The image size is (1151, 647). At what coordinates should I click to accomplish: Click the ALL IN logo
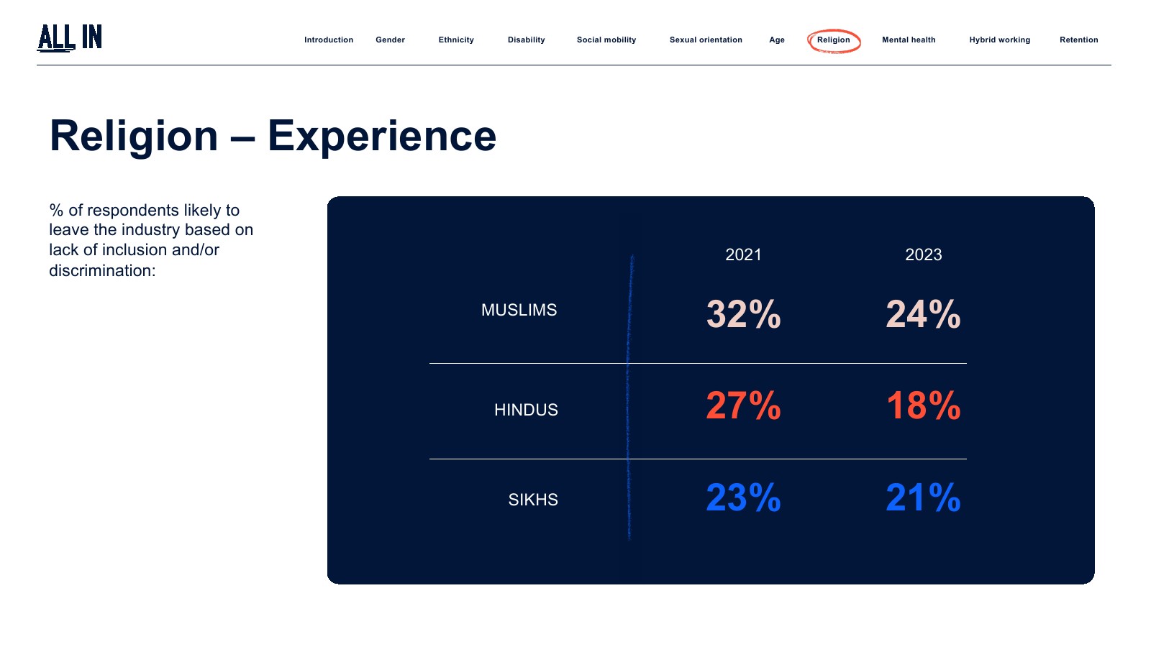pyautogui.click(x=69, y=37)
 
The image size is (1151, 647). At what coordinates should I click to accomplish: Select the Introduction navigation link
pyautogui.click(x=328, y=40)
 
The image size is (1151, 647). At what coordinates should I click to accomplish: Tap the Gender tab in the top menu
pyautogui.click(x=390, y=40)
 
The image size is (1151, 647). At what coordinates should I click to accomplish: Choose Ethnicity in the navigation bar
pyautogui.click(x=456, y=40)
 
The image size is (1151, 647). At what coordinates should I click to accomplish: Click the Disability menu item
pyautogui.click(x=526, y=40)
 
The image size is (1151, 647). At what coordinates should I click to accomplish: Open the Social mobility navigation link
pyautogui.click(x=606, y=40)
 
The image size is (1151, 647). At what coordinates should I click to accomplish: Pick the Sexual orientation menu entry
pyautogui.click(x=706, y=40)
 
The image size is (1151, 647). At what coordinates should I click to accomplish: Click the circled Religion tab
pyautogui.click(x=834, y=40)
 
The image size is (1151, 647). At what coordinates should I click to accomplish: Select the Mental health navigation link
pyautogui.click(x=909, y=40)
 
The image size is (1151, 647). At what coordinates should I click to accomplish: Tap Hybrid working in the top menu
pyautogui.click(x=999, y=40)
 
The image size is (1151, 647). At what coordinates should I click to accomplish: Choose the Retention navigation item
pyautogui.click(x=1078, y=40)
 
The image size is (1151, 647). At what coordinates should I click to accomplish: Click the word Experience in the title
pyautogui.click(x=382, y=137)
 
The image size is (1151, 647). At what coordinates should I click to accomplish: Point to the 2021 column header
pyautogui.click(x=743, y=254)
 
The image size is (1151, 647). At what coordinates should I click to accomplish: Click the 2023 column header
pyautogui.click(x=924, y=254)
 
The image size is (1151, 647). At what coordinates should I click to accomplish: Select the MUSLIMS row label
pyautogui.click(x=519, y=310)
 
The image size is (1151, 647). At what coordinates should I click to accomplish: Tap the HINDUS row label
pyautogui.click(x=526, y=410)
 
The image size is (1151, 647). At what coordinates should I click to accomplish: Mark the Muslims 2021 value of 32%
pyautogui.click(x=744, y=313)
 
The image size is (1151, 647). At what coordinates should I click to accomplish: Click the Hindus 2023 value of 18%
pyautogui.click(x=924, y=405)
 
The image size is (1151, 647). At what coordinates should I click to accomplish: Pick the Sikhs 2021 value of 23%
pyautogui.click(x=744, y=497)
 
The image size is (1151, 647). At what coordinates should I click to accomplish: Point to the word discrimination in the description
pyautogui.click(x=101, y=270)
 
